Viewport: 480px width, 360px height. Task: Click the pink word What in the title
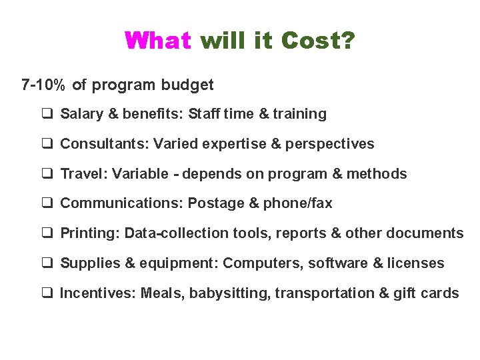click(x=158, y=41)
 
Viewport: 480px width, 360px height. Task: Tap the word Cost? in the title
click(x=318, y=41)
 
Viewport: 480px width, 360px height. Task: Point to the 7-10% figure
click(x=44, y=85)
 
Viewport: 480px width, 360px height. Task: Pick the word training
click(x=299, y=114)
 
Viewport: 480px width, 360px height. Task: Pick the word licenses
click(x=417, y=263)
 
